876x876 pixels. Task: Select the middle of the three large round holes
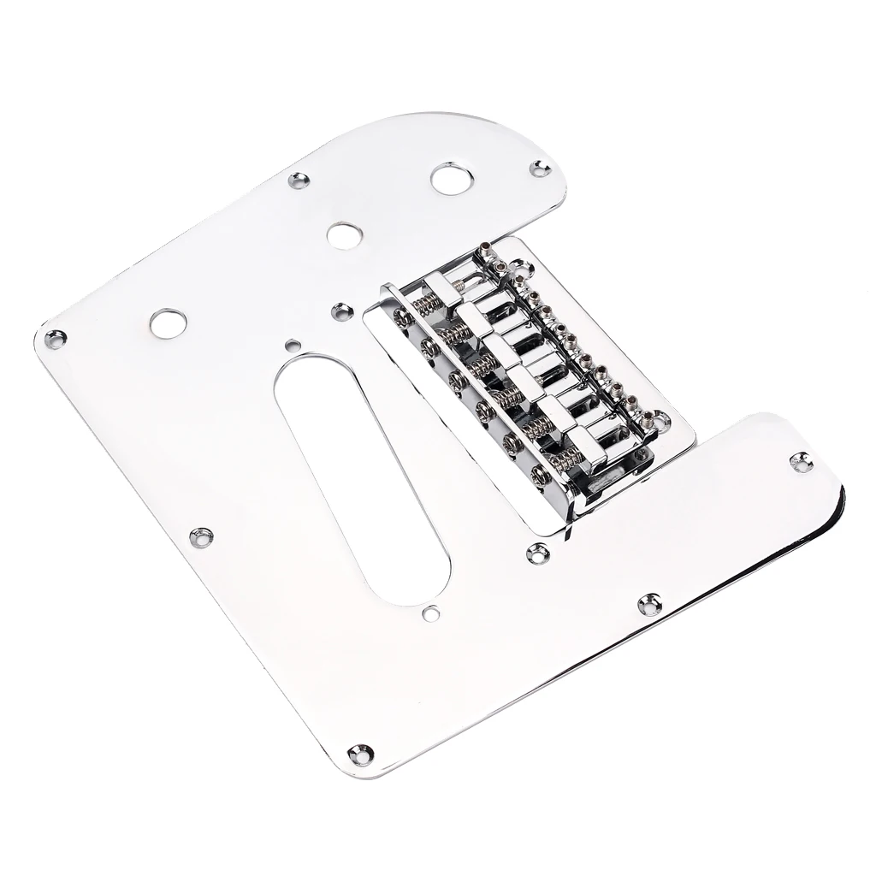pos(343,234)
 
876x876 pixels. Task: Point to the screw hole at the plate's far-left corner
pos(56,339)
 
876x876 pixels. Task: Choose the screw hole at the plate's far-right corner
pos(801,464)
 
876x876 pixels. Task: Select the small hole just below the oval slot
pos(430,612)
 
